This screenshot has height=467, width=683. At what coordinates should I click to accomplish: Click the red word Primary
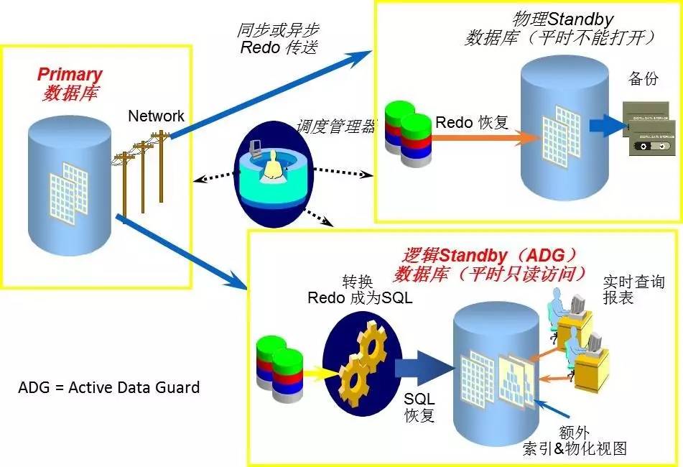70,75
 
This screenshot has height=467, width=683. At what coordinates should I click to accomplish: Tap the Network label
156,116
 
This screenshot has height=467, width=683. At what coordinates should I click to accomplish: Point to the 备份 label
643,79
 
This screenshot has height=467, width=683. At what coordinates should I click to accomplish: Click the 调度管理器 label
335,127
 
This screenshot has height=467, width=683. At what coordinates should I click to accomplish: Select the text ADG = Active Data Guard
108,388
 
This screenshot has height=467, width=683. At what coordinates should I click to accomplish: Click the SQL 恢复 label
420,407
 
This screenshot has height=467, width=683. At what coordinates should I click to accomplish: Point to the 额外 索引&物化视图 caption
574,440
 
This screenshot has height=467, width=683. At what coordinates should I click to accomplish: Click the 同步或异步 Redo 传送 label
278,39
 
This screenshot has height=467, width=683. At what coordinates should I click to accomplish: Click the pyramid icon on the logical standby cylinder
516,376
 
